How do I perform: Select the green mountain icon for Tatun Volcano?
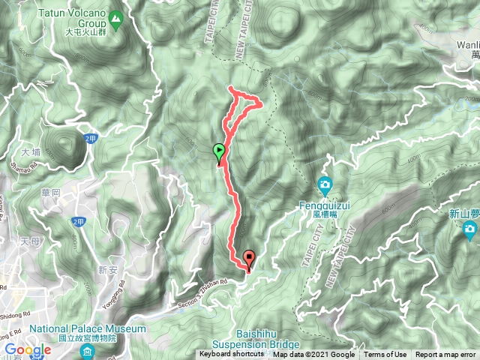tap(116, 16)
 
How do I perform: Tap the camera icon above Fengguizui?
tap(325, 184)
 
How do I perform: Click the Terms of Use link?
tap(385, 355)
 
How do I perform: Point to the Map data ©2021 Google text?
tap(314, 355)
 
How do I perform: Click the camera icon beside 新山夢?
tap(470, 229)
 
